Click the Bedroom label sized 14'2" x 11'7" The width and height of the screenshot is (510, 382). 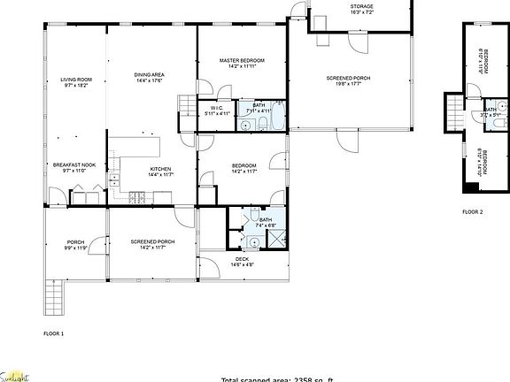[x=244, y=168]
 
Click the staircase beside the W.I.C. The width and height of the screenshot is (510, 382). [x=186, y=107]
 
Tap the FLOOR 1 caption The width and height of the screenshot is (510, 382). [x=54, y=333]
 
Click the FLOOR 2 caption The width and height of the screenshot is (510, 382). [x=473, y=212]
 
